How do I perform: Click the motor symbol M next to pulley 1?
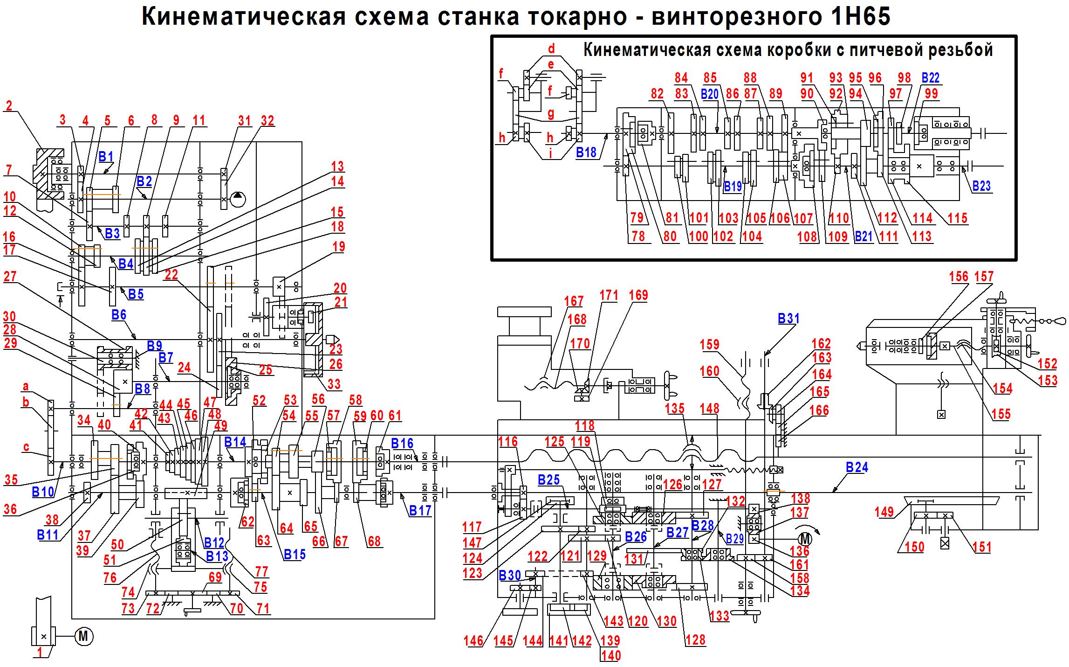(84, 636)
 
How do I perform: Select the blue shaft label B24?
(857, 467)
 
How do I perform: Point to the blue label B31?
(788, 319)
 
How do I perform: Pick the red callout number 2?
(9, 105)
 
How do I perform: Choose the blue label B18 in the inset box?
(586, 153)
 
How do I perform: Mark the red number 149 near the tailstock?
(884, 512)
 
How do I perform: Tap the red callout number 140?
(611, 655)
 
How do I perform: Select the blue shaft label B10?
(42, 492)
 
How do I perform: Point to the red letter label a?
(26, 386)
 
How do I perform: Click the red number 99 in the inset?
(931, 93)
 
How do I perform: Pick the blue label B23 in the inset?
(981, 186)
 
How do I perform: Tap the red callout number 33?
(334, 384)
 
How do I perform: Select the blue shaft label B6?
(119, 315)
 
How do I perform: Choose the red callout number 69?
(215, 577)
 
